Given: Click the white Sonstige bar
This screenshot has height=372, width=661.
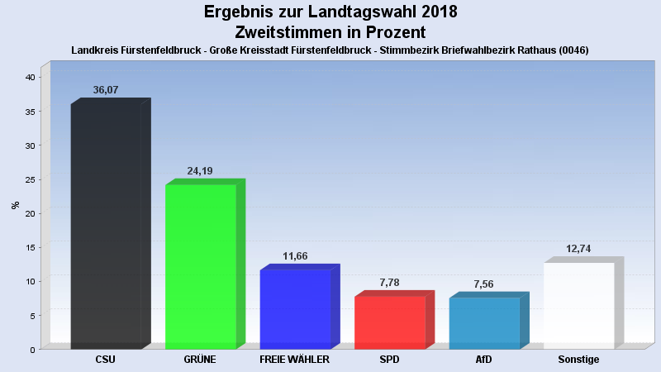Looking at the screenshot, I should [578, 305].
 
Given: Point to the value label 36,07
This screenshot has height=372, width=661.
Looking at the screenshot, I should [106, 90].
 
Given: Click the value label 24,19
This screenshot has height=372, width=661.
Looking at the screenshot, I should [200, 171].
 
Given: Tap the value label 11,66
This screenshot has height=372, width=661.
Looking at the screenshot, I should [295, 256].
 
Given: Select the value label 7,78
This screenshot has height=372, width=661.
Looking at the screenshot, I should [389, 283].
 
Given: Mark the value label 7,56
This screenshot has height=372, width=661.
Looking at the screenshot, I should [484, 284].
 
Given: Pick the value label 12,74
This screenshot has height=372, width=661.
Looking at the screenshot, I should [578, 249].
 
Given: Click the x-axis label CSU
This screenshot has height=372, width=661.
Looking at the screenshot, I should [106, 360].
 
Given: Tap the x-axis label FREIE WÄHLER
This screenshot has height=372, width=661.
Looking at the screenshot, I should [295, 360].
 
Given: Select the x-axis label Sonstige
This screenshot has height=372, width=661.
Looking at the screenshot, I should [578, 360].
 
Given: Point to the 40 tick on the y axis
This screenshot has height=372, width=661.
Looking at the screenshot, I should [30, 77].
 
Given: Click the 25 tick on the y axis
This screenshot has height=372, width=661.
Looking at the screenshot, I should [30, 179].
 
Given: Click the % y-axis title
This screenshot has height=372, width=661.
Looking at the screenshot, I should [15, 205].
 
